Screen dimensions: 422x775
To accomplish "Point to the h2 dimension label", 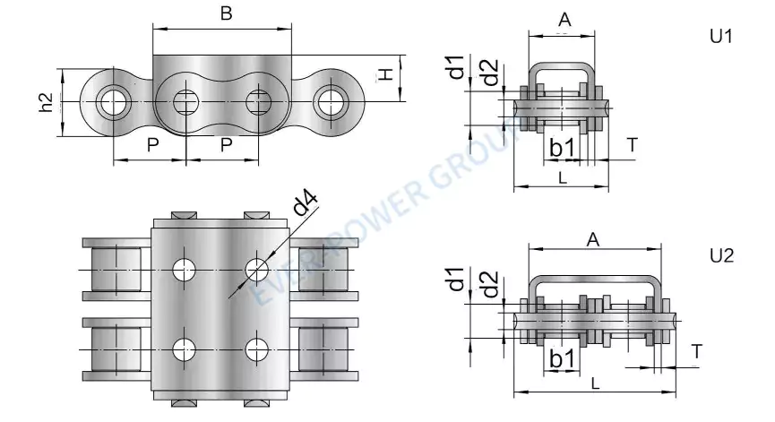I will click(x=47, y=105).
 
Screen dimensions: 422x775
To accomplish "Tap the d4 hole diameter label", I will click(x=306, y=207).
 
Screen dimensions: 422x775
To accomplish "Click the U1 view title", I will click(x=721, y=38).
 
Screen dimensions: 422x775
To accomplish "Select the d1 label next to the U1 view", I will click(x=458, y=68).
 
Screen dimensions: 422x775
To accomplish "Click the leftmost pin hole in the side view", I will click(x=113, y=101).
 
